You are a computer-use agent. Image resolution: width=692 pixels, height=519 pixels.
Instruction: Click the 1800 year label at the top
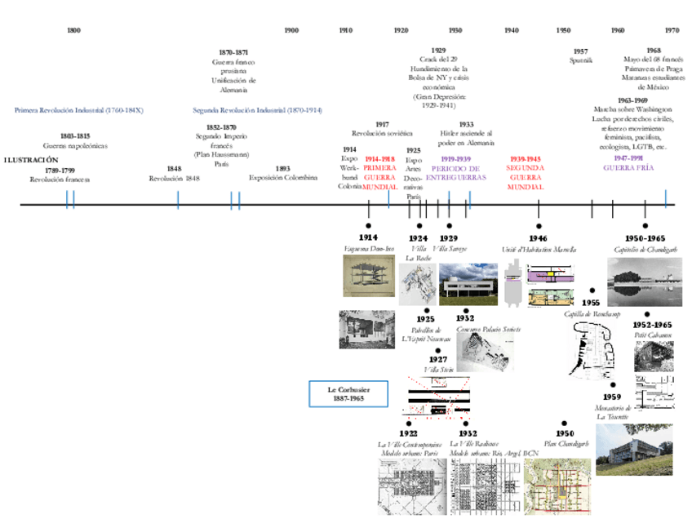73,30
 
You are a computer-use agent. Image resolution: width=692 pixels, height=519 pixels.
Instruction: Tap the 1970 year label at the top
671,30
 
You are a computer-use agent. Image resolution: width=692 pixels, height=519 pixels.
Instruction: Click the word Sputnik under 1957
580,60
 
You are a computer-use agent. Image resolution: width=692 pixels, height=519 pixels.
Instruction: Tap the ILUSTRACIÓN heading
31,160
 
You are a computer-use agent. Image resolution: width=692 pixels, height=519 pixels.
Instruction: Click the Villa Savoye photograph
468,284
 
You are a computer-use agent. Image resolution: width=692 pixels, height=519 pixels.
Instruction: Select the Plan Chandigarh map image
557,486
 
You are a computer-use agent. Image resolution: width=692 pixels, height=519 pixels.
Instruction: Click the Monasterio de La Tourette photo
634,450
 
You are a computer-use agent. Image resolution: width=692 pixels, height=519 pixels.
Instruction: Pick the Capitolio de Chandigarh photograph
644,282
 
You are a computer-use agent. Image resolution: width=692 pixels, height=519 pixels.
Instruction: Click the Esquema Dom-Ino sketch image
368,276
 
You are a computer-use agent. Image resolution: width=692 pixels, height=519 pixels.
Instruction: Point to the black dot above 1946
539,225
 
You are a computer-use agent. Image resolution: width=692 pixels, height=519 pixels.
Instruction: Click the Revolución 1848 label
175,178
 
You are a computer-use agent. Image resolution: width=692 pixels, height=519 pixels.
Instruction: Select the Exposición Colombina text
283,178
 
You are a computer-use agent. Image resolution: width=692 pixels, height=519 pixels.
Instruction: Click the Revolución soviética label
382,133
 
